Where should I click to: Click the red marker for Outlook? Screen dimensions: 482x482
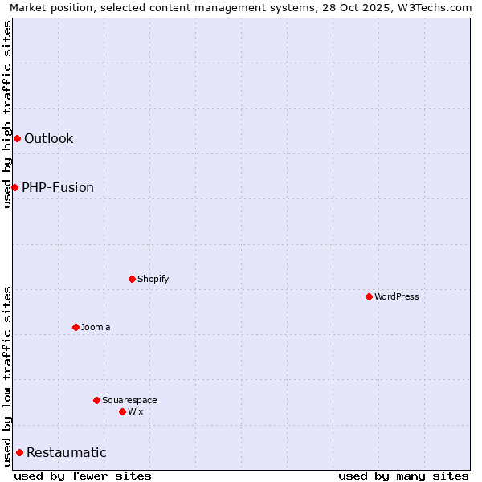coord(17,139)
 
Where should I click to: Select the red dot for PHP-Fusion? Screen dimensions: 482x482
coord(14,187)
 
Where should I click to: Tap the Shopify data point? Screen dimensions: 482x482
coord(132,279)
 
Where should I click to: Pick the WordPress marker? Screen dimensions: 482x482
coord(369,296)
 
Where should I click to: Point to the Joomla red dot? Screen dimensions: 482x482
coord(76,327)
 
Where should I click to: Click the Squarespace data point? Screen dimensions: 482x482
coord(96,400)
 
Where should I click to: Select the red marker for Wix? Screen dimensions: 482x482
coord(122,411)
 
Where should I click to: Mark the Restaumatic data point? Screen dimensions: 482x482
coord(19,452)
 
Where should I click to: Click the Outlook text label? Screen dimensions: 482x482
coord(48,139)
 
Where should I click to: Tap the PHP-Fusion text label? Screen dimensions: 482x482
coord(58,188)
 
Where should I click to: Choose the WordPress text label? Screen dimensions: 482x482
coord(397,296)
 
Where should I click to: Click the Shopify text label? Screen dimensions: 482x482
coord(153,279)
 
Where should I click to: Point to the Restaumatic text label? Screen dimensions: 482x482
coord(67,453)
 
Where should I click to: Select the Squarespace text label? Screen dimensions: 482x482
coord(129,400)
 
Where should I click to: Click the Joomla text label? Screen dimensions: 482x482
coord(96,327)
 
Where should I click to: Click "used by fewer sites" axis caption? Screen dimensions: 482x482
coord(83,476)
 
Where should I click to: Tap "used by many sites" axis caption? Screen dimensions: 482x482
coord(403,476)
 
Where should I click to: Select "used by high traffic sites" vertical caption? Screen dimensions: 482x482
coord(7,114)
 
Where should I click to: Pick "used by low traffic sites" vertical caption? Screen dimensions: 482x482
coord(7,376)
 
